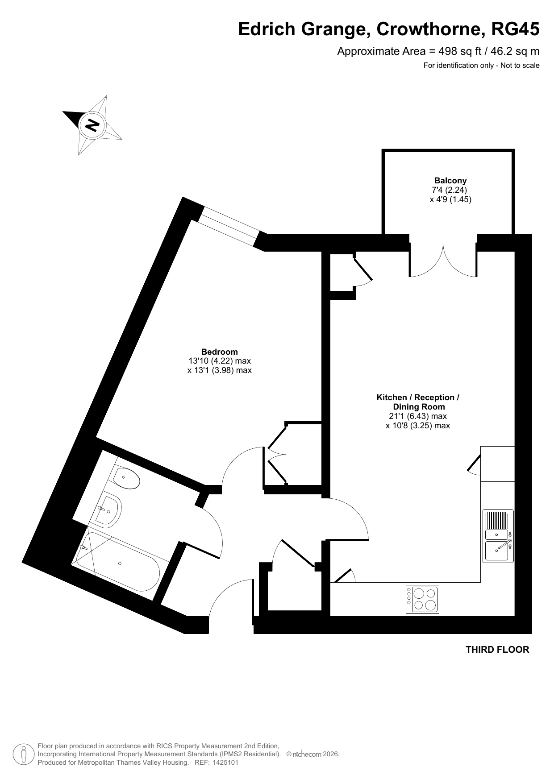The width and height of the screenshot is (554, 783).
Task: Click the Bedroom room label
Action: point(219,352)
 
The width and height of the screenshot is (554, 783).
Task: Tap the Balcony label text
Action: point(450,180)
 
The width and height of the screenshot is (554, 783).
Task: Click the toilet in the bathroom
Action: point(126,478)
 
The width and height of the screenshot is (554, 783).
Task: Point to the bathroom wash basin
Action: point(107,510)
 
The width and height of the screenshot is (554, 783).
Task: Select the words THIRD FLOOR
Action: point(497,650)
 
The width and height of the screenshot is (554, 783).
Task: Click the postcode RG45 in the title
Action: point(515,29)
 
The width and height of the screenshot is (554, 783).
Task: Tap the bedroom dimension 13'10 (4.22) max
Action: point(220,361)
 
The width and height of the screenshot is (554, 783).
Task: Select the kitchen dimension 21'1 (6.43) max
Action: point(418,416)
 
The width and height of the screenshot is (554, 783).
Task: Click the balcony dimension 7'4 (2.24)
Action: point(450,190)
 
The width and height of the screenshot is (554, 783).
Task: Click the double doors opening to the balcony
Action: point(443,261)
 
